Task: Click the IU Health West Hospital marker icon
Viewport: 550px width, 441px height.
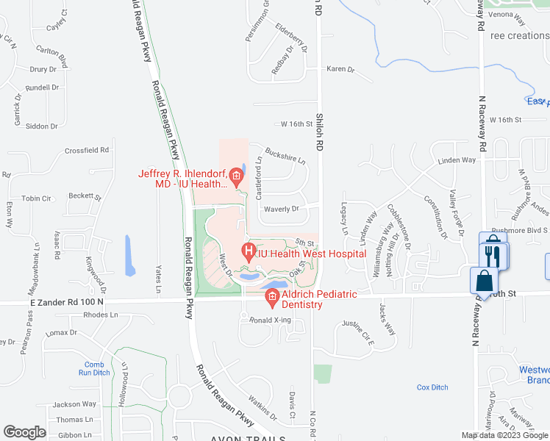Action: tap(249, 253)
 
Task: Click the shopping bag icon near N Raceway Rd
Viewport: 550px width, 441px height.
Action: tap(484, 281)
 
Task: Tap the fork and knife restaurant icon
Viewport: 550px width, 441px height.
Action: tap(494, 255)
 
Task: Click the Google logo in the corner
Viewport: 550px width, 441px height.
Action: tap(24, 432)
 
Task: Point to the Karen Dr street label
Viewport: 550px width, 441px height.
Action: tap(340, 70)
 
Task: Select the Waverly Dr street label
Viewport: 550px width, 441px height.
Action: tap(280, 209)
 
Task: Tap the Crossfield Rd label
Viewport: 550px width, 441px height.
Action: tap(86, 150)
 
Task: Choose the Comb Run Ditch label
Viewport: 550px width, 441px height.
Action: tap(94, 368)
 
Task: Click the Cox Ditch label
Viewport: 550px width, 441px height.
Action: tap(432, 387)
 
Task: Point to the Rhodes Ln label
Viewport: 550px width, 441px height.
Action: tap(101, 315)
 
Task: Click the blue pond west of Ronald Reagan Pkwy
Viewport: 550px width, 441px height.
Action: tap(129, 255)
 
